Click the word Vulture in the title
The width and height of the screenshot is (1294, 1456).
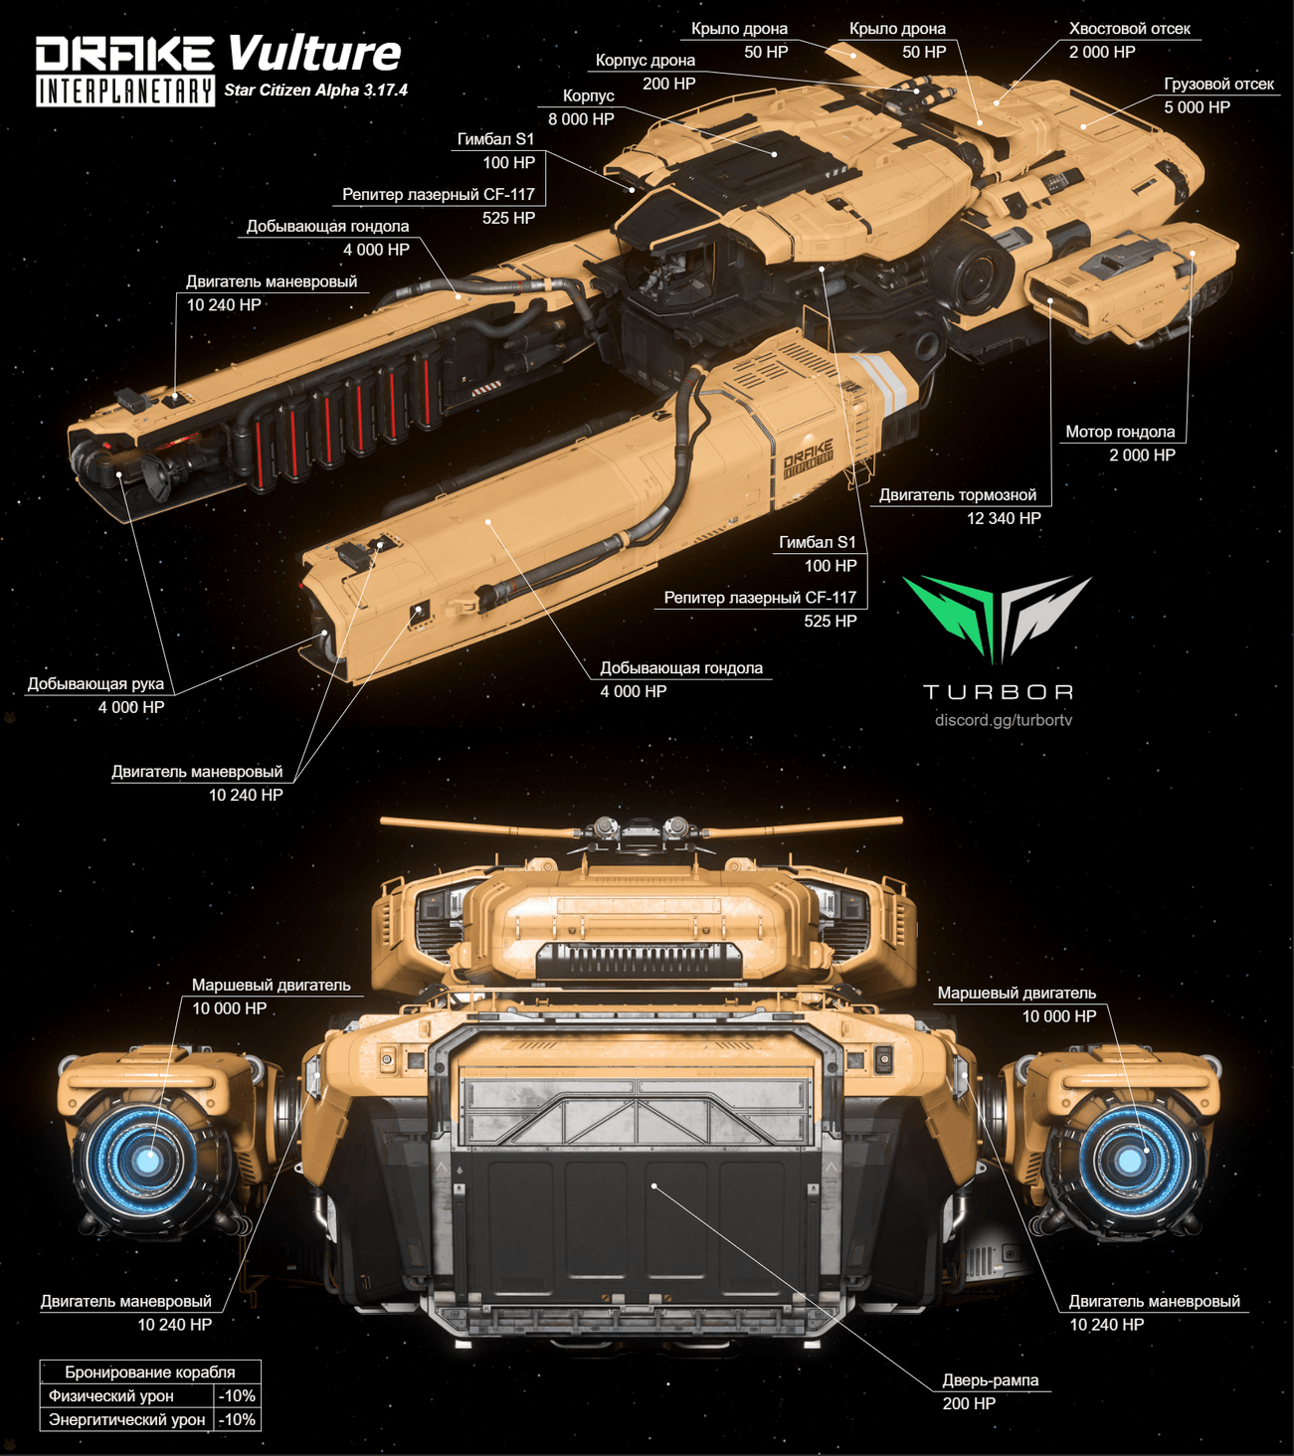coord(313,53)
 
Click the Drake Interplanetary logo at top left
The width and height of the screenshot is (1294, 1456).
coord(125,71)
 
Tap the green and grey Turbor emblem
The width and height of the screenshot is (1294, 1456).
coord(997,617)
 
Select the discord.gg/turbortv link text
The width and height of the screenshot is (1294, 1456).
coord(1004,720)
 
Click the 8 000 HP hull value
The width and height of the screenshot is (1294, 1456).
coord(581,119)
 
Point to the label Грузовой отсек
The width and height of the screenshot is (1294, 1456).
coord(1218,85)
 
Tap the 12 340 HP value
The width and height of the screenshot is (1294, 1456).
coord(1004,518)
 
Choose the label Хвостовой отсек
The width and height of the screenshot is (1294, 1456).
coord(1129,29)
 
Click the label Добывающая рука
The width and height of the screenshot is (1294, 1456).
coord(95,684)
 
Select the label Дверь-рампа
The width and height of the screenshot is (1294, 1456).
coord(990,1380)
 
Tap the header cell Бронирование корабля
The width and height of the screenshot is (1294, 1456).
coord(150,1372)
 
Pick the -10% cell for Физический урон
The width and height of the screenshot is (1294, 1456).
coord(237,1396)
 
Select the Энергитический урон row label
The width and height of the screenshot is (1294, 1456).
coord(126,1420)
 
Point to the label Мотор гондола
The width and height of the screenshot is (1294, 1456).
coord(1120,432)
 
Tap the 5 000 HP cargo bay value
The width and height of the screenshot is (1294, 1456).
coord(1197,107)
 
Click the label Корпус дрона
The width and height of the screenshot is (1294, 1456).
coord(645,61)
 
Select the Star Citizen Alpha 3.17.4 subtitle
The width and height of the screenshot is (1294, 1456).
coord(315,91)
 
